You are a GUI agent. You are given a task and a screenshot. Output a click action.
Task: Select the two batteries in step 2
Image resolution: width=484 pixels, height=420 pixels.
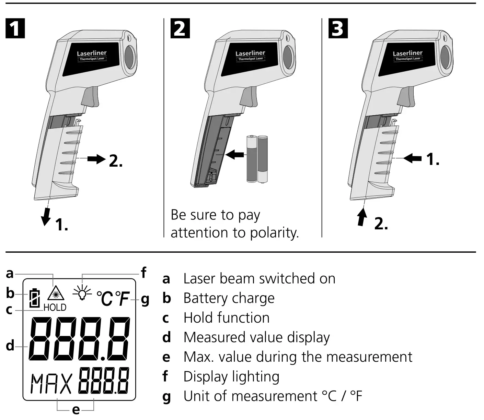tap(257, 159)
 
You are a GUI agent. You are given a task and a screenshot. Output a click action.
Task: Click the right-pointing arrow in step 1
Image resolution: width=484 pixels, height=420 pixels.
tap(96, 159)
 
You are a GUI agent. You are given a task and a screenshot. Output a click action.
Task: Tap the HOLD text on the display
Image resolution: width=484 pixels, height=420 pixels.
tap(55, 308)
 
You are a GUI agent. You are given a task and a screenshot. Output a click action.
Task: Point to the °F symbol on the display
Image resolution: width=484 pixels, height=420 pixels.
tap(122, 298)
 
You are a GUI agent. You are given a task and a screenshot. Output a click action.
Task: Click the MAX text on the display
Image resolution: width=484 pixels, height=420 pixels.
tap(52, 384)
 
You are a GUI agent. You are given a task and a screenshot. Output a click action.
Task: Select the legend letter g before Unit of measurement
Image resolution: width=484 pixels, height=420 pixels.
tap(166, 397)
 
